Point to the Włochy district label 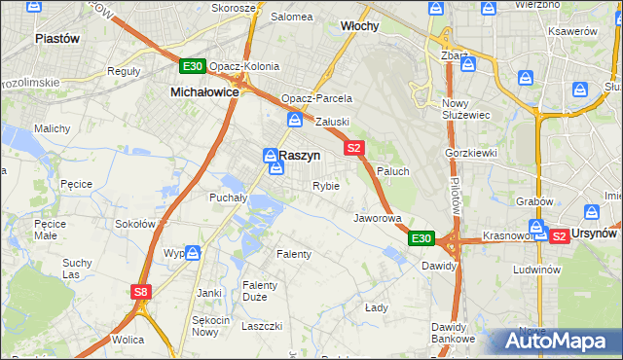pyautogui.click(x=359, y=26)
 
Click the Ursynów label pyautogui.click(x=596, y=235)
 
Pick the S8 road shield pyautogui.click(x=142, y=291)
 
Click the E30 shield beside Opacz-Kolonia pyautogui.click(x=192, y=66)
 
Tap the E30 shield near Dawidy pyautogui.click(x=421, y=237)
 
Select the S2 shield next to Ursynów pyautogui.click(x=559, y=235)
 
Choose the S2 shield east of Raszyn pyautogui.click(x=353, y=148)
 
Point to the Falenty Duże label pyautogui.click(x=261, y=291)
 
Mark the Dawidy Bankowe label pyautogui.click(x=455, y=334)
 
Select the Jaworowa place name pyautogui.click(x=378, y=218)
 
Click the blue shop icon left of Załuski pyautogui.click(x=295, y=120)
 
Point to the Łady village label pyautogui.click(x=377, y=307)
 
